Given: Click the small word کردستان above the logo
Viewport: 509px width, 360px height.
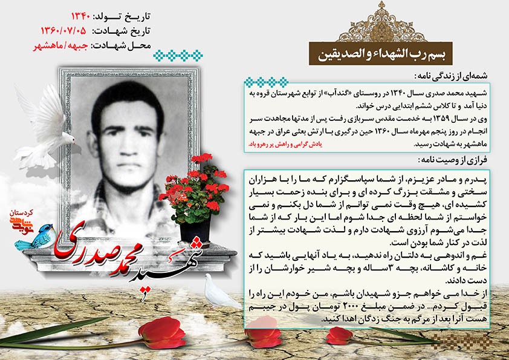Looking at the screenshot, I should click(22, 214).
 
